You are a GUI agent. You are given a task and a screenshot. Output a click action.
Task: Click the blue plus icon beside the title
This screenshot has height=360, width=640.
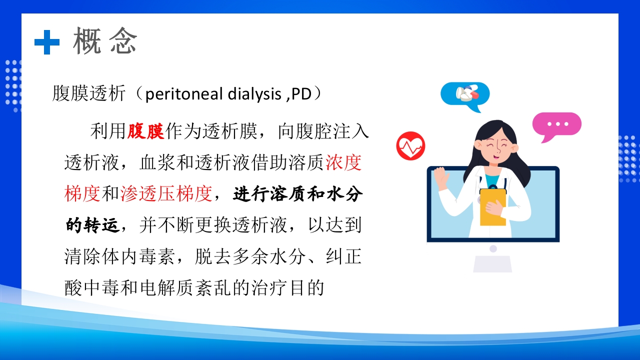[47, 42]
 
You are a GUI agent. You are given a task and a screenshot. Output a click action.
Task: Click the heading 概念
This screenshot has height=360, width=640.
[105, 41]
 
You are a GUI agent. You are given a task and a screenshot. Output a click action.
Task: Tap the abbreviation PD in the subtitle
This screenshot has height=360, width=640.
[301, 94]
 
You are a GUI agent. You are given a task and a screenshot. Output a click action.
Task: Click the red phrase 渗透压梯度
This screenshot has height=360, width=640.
[166, 194]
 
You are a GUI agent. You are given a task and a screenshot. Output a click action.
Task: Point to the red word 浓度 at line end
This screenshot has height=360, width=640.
[343, 163]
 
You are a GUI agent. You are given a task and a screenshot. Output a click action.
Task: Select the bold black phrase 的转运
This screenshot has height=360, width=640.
[92, 225]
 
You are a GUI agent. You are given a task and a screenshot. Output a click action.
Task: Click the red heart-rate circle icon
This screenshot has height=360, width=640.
[410, 146]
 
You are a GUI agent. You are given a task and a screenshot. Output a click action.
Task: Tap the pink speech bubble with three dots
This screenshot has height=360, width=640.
[556, 125]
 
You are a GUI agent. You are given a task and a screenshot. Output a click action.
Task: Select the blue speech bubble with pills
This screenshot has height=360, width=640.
[465, 94]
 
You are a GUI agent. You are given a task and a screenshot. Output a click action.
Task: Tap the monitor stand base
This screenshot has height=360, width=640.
[492, 264]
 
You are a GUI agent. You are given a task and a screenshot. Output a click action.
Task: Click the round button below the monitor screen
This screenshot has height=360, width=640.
[493, 248]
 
